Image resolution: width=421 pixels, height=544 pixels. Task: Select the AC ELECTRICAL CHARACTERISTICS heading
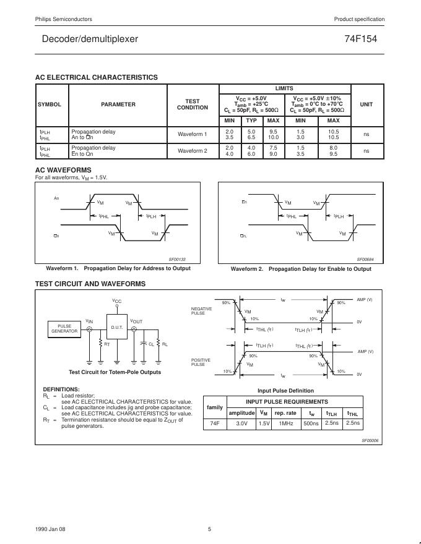[x=97, y=77]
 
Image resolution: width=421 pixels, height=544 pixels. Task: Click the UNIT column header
[x=367, y=104]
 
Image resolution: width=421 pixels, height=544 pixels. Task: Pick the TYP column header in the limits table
[x=251, y=120]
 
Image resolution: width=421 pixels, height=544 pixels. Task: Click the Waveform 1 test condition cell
[x=193, y=134]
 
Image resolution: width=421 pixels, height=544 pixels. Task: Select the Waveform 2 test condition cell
[x=193, y=151]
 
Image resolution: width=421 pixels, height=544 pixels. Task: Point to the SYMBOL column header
[x=50, y=104]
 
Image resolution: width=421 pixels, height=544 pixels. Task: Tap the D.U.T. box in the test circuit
[x=117, y=326]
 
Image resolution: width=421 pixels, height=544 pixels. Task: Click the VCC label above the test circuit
[x=117, y=300]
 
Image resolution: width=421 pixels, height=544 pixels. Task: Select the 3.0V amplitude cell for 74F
[x=241, y=423]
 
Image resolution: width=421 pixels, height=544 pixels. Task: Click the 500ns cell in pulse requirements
[x=311, y=423]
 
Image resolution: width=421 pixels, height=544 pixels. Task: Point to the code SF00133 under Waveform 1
[x=177, y=260]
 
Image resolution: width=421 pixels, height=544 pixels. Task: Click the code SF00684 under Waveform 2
[x=365, y=260]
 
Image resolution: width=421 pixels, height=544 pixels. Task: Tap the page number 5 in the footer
[x=209, y=529]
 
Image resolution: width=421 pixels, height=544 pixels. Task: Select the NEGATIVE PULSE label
[x=202, y=311]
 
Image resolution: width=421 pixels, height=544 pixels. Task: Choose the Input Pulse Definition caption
[x=285, y=391]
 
